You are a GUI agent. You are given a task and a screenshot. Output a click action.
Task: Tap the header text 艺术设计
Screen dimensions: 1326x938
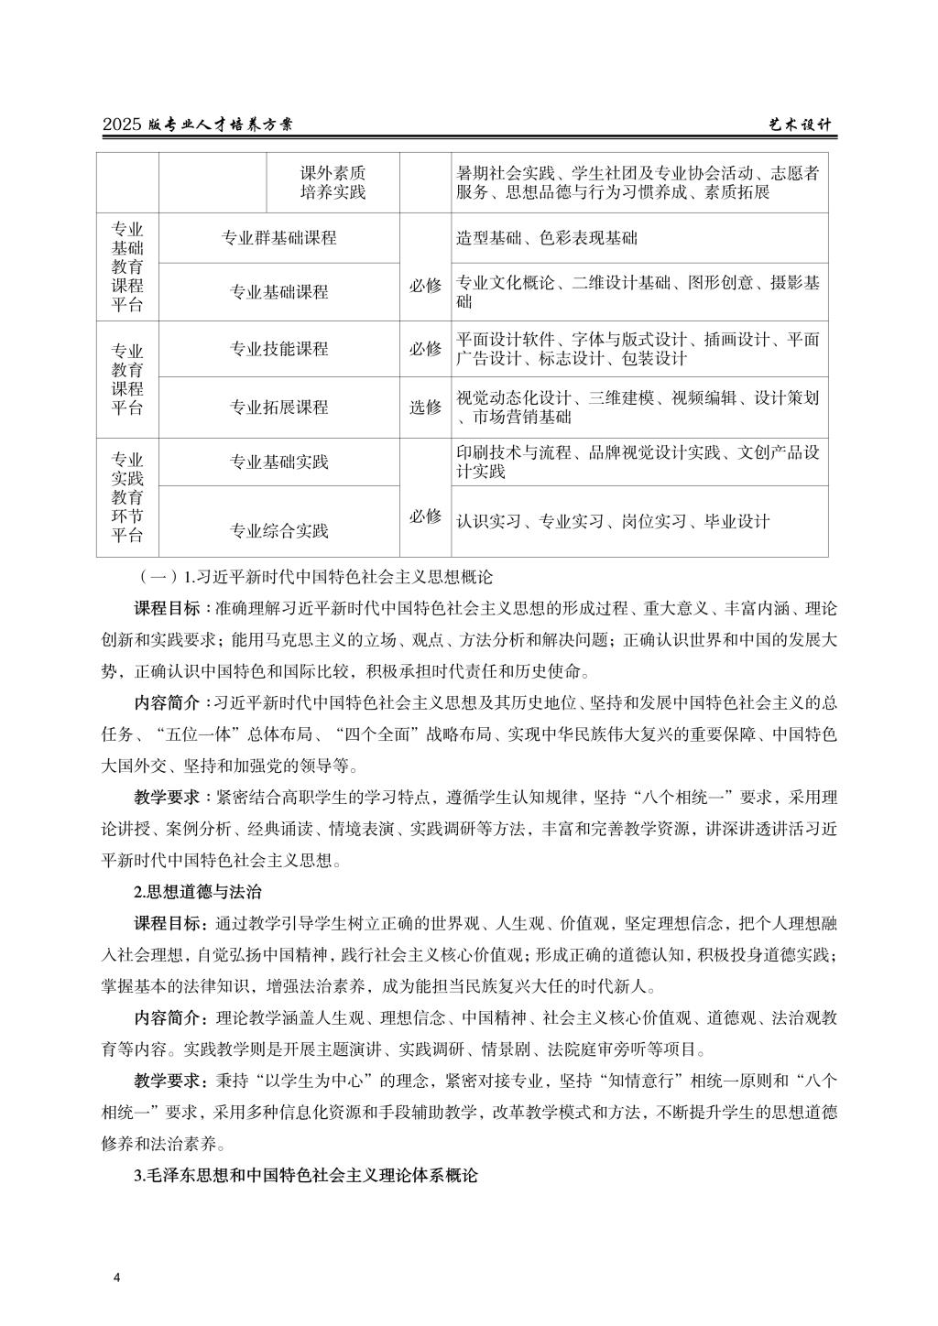point(798,125)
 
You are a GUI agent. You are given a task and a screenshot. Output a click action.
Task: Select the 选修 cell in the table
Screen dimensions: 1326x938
point(425,408)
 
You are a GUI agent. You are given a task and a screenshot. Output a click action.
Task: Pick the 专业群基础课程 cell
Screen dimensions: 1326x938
point(278,238)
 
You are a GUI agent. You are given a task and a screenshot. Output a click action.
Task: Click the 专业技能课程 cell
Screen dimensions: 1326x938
point(278,349)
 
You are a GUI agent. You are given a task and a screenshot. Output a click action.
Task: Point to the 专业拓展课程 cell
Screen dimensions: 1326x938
point(278,408)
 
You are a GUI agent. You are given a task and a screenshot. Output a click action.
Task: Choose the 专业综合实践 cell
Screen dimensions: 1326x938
point(278,531)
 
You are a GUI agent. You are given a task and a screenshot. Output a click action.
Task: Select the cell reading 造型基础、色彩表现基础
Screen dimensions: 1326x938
point(547,238)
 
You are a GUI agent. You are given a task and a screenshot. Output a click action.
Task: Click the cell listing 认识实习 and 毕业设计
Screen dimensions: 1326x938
point(613,521)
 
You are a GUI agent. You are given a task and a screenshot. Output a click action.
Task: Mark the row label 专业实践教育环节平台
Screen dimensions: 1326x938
point(127,497)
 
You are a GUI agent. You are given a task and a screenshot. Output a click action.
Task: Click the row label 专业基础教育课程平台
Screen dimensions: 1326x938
point(127,266)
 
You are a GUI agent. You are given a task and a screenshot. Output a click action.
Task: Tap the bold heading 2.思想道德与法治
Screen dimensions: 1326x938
point(198,892)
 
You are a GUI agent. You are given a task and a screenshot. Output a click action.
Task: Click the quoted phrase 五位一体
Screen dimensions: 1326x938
point(194,734)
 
